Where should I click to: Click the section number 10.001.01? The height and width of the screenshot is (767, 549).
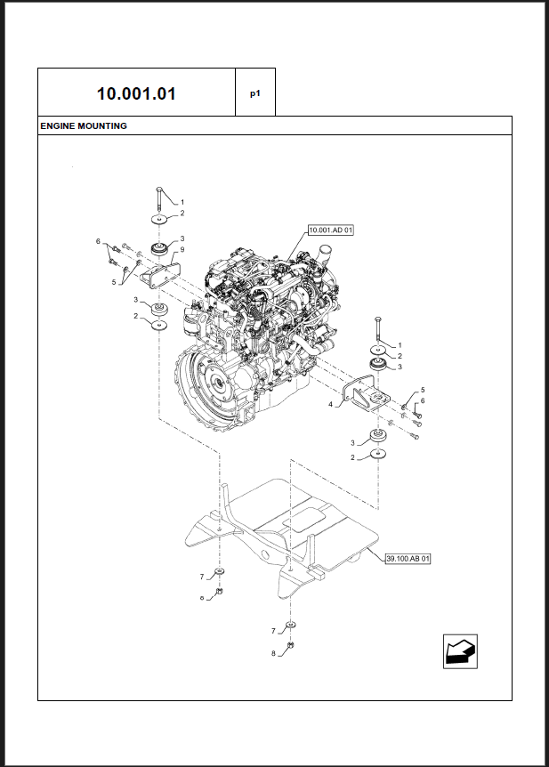click(135, 93)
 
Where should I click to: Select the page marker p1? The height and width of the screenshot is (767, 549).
click(254, 93)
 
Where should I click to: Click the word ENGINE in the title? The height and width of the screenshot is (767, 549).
click(59, 126)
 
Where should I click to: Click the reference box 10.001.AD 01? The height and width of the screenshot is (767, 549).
click(331, 230)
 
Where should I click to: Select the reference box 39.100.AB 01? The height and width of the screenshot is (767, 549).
click(408, 559)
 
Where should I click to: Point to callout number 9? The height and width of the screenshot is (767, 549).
click(182, 250)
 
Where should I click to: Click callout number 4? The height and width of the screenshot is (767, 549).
click(330, 404)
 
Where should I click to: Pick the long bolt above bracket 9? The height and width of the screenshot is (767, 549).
click(157, 200)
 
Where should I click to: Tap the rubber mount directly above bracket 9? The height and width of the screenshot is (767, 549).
click(160, 246)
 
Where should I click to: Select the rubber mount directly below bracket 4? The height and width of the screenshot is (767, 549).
click(378, 436)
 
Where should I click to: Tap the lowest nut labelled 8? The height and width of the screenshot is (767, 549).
click(291, 646)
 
